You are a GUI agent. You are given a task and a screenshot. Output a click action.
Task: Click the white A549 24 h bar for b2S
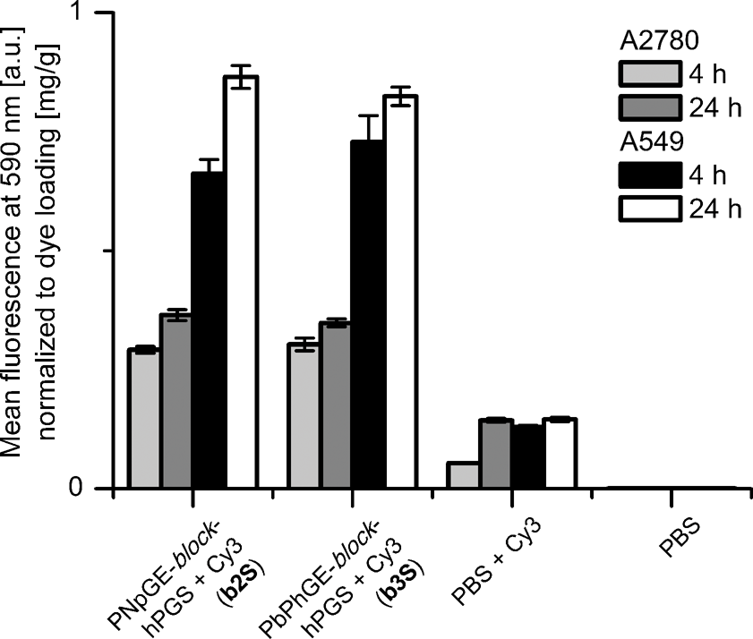pyautogui.click(x=240, y=282)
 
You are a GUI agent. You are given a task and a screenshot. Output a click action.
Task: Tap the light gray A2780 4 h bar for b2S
pyautogui.click(x=143, y=418)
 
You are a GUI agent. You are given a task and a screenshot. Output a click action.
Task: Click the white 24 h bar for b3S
pyautogui.click(x=400, y=292)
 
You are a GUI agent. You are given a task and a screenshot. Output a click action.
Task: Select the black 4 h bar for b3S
pyautogui.click(x=368, y=314)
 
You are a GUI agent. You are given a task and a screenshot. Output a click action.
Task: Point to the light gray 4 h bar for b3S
pyautogui.click(x=304, y=415)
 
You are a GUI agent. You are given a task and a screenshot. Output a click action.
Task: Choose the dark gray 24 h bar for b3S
pyautogui.click(x=336, y=405)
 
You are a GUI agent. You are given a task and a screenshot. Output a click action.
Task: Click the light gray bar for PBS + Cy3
pyautogui.click(x=463, y=475)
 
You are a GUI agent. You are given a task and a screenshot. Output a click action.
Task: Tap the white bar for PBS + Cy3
pyautogui.click(x=560, y=453)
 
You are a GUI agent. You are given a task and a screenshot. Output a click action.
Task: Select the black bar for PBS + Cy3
pyautogui.click(x=527, y=456)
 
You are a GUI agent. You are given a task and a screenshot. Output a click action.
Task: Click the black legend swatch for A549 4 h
pyautogui.click(x=649, y=173)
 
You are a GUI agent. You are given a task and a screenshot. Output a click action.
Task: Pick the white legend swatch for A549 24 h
pyautogui.click(x=649, y=209)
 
